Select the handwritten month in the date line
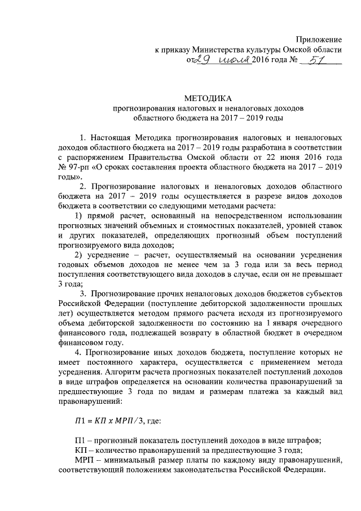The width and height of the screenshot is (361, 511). [231, 60]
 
